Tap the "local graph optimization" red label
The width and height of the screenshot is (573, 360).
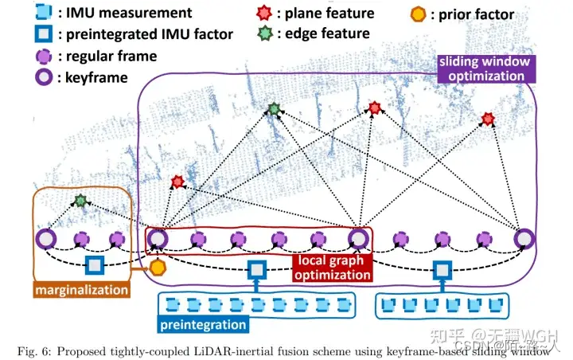[x=333, y=267]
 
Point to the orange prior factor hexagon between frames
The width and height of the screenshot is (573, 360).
[x=157, y=268]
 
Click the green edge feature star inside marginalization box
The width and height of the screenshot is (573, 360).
[x=80, y=201]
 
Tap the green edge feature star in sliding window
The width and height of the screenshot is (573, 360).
[x=274, y=109]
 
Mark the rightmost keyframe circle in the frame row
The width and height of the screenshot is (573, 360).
[x=523, y=237]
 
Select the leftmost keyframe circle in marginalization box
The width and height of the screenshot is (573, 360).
[x=45, y=237]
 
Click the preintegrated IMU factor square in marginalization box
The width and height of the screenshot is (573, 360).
[x=95, y=265]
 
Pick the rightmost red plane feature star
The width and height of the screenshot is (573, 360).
[x=488, y=119]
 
